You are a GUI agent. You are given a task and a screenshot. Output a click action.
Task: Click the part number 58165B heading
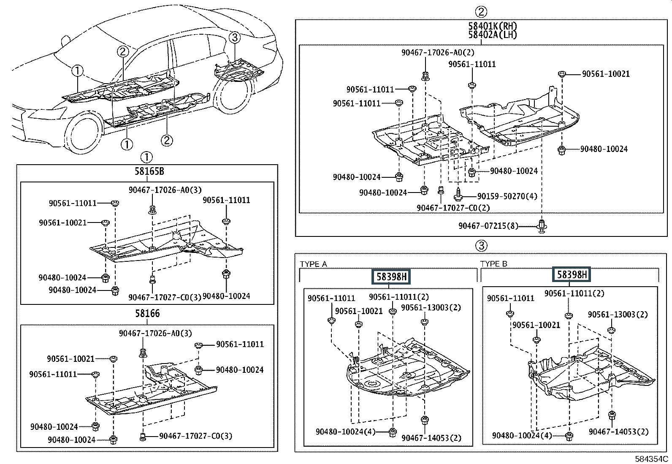coord(149,171)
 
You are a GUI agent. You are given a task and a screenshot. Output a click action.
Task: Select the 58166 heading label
coord(147,313)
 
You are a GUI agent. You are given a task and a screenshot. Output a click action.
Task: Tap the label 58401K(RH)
coord(493,26)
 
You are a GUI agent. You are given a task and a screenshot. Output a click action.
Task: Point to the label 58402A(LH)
coord(493,35)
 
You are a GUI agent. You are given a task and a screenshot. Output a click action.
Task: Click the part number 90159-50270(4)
coord(507,196)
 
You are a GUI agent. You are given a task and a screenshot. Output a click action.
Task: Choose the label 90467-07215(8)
coord(488,226)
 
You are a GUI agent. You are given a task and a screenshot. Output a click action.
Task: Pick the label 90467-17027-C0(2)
coord(453,208)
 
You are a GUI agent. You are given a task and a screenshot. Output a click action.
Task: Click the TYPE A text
coord(313,264)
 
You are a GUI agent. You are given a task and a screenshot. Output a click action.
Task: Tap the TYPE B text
coord(493,264)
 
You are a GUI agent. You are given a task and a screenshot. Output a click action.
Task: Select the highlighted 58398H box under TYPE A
coord(391,277)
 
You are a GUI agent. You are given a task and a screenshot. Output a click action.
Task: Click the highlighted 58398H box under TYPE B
coord(572,274)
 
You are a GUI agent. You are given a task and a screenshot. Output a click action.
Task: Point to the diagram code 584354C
coord(651,459)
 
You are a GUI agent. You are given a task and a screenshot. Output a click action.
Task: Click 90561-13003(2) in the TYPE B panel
coord(618,314)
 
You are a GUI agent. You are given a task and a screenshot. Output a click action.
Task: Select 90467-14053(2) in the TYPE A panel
coord(431,438)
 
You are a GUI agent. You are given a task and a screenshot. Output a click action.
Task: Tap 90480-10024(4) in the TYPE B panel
coord(522,435)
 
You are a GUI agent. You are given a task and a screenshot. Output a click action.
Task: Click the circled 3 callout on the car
coord(235,38)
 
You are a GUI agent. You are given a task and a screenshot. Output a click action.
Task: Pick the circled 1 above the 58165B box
coord(146,157)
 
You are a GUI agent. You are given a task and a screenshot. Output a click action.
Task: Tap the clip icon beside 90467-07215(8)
coord(542,226)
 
